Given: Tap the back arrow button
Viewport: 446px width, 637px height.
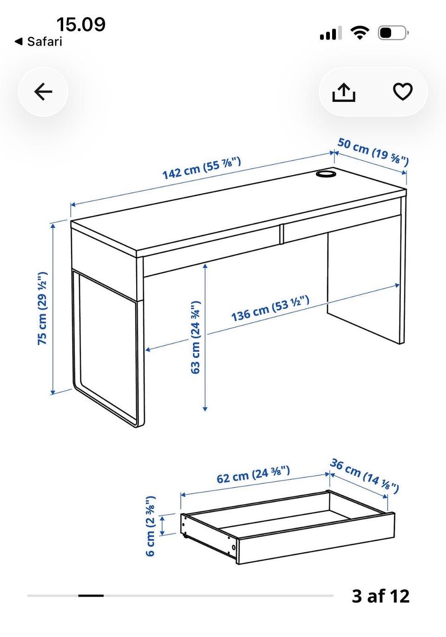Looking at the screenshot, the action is point(43,92).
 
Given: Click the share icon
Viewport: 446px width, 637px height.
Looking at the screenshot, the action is point(344,92).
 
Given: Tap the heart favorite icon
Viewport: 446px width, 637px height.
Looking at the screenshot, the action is point(402,92).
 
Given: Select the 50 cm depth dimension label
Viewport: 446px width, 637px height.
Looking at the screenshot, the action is point(373,152).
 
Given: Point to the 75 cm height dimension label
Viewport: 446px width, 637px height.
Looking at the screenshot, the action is point(42,309).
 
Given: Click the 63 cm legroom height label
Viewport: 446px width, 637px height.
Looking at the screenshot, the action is point(196,337).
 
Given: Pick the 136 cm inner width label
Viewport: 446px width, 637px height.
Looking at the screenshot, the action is point(270,308).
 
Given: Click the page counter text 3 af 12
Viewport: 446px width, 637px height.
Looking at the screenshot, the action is point(380,596).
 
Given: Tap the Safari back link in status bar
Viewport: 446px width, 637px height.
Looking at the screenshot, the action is point(38,42).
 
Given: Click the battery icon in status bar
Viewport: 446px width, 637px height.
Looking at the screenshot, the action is point(393,33).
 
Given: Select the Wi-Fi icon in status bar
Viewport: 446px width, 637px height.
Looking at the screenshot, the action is point(360,33).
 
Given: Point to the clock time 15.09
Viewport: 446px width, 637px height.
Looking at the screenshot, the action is point(81,24).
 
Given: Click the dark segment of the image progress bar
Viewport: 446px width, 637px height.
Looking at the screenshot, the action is point(91,596).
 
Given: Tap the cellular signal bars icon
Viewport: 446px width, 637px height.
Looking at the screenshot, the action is point(331,33).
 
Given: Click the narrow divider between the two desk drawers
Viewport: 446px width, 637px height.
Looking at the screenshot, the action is point(281,234).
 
